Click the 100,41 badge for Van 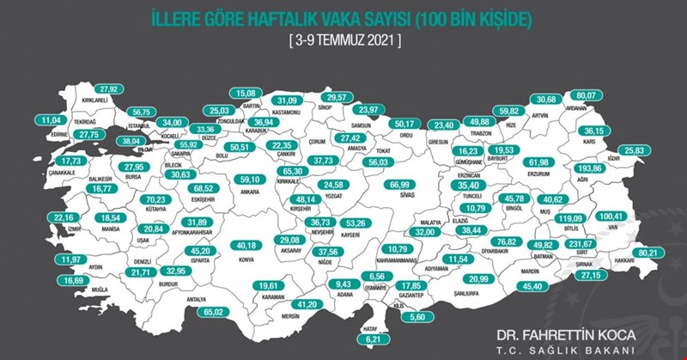click(615, 215)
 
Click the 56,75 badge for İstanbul click(140, 111)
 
